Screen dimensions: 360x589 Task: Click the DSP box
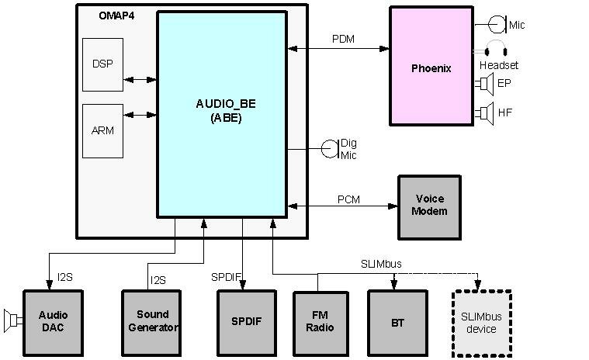click(x=102, y=64)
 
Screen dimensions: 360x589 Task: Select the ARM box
click(x=102, y=130)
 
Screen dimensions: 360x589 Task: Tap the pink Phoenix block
click(x=430, y=67)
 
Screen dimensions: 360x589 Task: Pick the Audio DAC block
click(x=53, y=322)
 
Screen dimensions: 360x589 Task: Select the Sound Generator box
click(x=151, y=322)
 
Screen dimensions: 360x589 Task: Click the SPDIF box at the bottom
click(x=245, y=322)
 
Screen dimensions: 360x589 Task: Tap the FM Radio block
click(x=320, y=322)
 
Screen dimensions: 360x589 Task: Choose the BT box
click(x=397, y=322)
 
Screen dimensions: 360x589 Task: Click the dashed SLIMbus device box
click(x=481, y=324)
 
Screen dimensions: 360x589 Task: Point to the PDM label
click(x=343, y=39)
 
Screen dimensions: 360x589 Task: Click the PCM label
click(x=348, y=199)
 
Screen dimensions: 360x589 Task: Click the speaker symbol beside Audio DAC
click(x=12, y=319)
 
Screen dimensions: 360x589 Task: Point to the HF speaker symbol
click(x=486, y=112)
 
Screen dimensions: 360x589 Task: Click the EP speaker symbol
click(x=486, y=83)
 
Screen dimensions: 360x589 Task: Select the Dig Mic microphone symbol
click(x=330, y=148)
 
